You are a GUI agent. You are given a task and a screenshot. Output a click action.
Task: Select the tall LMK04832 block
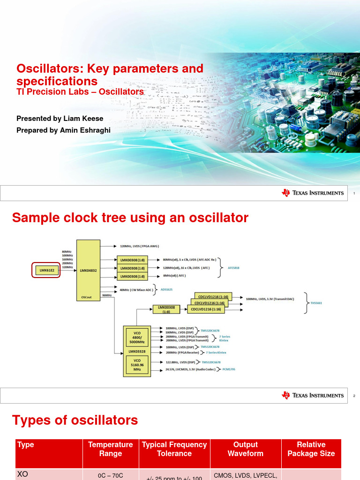88,270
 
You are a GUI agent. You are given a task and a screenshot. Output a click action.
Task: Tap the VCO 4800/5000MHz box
137,337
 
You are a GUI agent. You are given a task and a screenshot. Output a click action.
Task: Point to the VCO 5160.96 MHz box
137,366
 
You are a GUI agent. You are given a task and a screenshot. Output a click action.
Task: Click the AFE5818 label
234,268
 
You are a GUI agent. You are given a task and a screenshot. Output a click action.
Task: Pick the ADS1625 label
166,290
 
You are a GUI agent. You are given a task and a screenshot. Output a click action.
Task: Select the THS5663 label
316,303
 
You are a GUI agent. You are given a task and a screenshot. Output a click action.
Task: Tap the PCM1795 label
229,369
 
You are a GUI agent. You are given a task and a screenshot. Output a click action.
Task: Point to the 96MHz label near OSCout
107,295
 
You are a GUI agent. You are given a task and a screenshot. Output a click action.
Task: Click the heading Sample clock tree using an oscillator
130,218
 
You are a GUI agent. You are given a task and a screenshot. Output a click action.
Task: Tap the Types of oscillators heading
75,420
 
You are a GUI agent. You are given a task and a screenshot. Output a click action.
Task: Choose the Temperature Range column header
110,449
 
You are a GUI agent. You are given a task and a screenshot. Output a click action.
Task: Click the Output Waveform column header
245,449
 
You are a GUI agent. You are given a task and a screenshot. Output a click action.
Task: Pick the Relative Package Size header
311,449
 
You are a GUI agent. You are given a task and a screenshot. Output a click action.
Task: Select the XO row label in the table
22,474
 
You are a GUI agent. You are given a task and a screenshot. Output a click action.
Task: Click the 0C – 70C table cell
110,475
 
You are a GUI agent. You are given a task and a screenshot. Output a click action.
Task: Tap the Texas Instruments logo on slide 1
313,193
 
